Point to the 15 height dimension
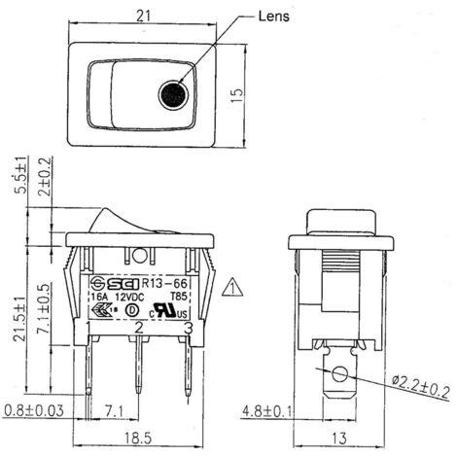point(239,95)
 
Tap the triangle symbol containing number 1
point(230,287)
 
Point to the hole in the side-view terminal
point(337,374)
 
